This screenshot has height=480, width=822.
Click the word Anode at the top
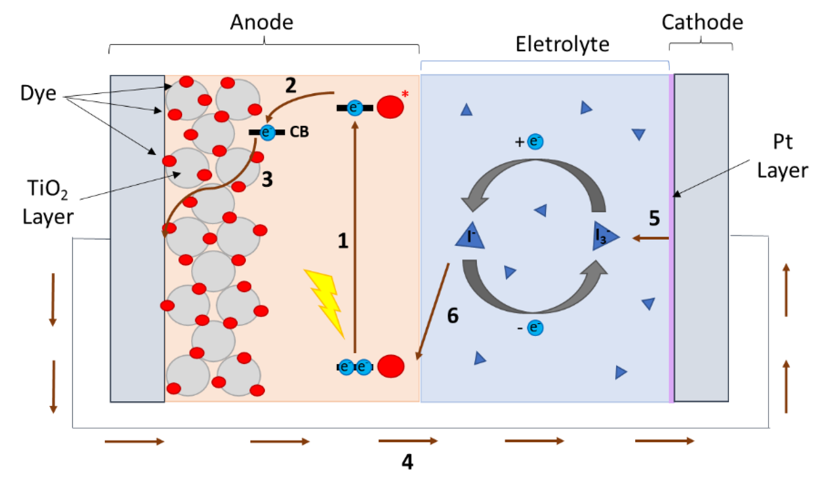click(261, 22)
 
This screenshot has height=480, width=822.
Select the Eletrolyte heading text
click(562, 44)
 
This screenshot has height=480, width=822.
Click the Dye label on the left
click(38, 93)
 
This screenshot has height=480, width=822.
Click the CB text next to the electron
click(299, 132)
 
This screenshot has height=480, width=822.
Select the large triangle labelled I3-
click(604, 236)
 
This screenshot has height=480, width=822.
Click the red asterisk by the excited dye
click(405, 94)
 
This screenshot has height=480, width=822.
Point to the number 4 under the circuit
click(407, 461)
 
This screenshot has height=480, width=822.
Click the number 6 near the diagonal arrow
click(452, 316)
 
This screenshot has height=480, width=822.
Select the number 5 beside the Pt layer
click(654, 218)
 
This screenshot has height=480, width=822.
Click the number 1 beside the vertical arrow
click(343, 241)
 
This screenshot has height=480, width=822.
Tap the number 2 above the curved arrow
click(290, 85)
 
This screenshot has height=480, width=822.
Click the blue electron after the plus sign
click(535, 141)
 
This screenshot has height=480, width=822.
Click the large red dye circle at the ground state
click(391, 366)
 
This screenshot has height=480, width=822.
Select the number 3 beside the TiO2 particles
click(267, 179)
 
